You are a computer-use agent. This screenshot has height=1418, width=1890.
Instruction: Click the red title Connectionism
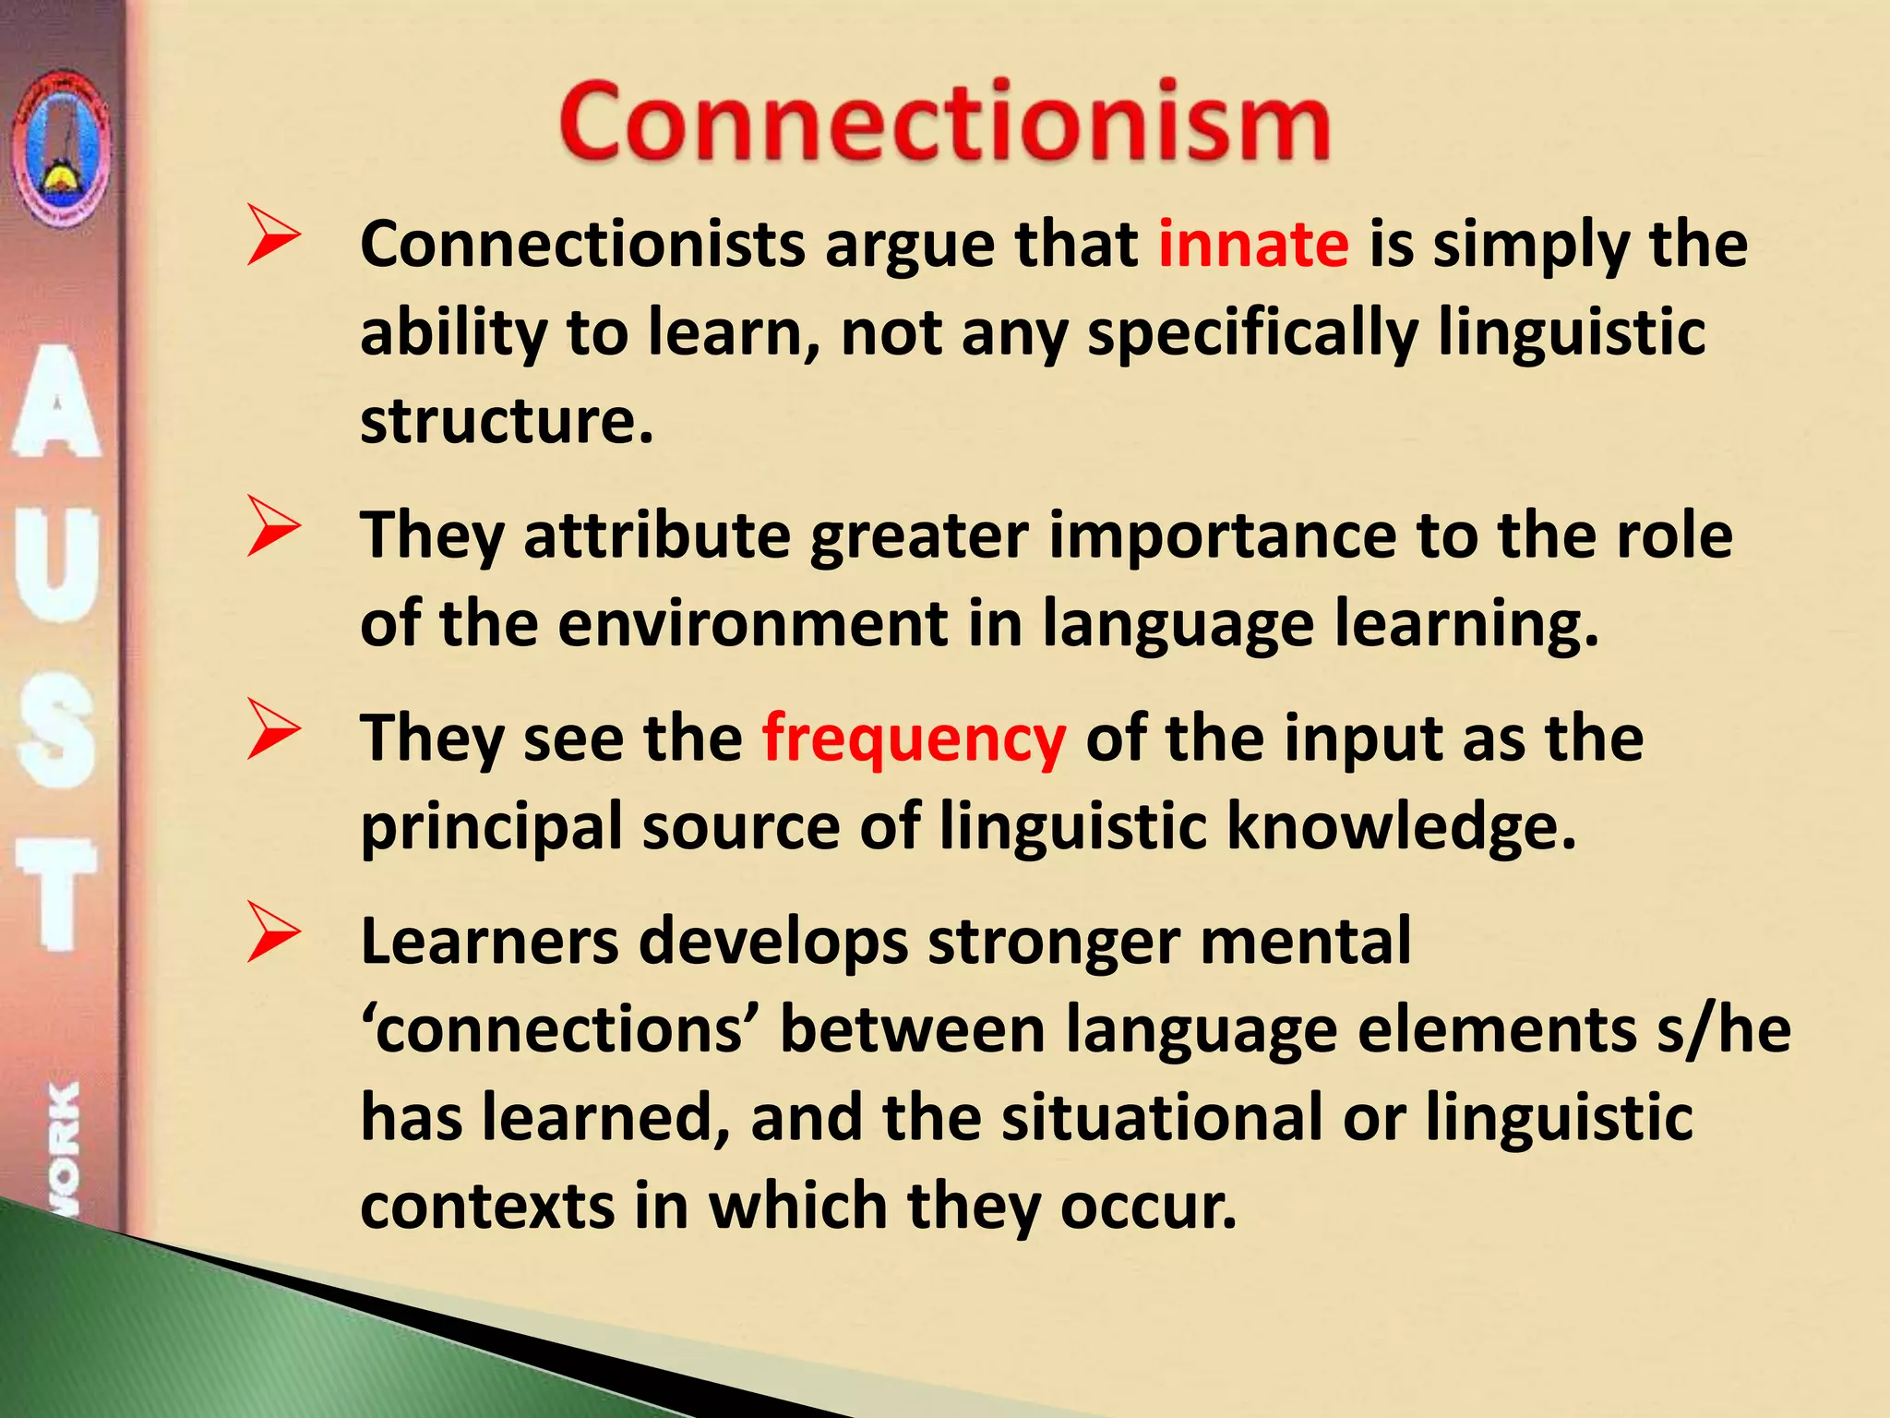pyautogui.click(x=944, y=122)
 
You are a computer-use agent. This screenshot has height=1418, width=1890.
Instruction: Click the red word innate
pyautogui.click(x=1253, y=245)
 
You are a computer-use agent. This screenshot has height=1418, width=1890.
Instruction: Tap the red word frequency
pyautogui.click(x=914, y=739)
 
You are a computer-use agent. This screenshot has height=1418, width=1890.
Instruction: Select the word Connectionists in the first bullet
pyautogui.click(x=582, y=245)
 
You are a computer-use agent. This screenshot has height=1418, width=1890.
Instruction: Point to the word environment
pyautogui.click(x=752, y=623)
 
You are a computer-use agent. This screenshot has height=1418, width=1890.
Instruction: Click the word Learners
pyautogui.click(x=489, y=942)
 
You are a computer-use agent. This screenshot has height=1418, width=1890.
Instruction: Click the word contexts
pyautogui.click(x=486, y=1207)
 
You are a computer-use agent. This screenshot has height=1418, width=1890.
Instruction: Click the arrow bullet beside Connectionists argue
pyautogui.click(x=273, y=237)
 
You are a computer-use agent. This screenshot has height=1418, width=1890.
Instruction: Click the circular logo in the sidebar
pyautogui.click(x=61, y=148)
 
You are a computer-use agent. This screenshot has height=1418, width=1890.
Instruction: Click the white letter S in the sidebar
pyautogui.click(x=56, y=738)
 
